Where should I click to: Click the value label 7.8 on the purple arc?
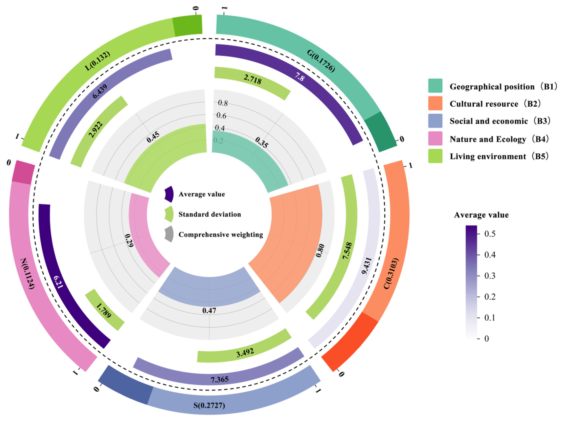pyautogui.click(x=300, y=77)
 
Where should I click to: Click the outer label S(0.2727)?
pyautogui.click(x=209, y=405)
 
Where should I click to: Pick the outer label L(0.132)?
pyautogui.click(x=97, y=61)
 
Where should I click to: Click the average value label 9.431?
pyautogui.click(x=367, y=266)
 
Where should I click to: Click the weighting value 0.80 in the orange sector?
pyautogui.click(x=320, y=250)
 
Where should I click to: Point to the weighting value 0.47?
pyautogui.click(x=209, y=310)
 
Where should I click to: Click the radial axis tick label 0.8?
pyautogui.click(x=223, y=103)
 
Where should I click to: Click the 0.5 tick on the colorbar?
pyautogui.click(x=490, y=234)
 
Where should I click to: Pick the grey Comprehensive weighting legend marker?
pyautogui.click(x=169, y=234)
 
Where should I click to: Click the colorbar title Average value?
pyautogui.click(x=481, y=215)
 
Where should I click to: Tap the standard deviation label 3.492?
pyautogui.click(x=245, y=352)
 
